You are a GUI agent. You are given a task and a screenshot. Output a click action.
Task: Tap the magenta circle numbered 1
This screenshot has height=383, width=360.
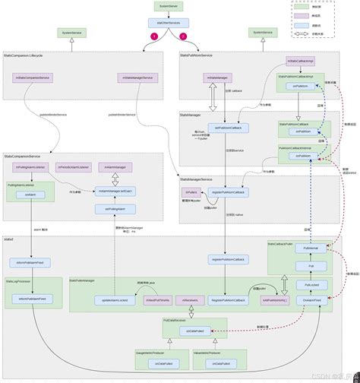[154, 36]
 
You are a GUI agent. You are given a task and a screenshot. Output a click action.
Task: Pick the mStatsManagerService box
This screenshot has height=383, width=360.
[137, 77]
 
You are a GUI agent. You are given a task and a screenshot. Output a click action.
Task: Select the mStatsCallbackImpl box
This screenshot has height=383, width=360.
[299, 60]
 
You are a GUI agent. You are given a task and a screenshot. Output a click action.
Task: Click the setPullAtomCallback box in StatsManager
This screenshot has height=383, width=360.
[228, 127]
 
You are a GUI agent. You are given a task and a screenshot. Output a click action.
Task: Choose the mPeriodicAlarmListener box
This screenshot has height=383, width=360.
[73, 166]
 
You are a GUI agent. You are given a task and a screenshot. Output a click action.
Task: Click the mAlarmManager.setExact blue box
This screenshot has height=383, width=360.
[115, 191]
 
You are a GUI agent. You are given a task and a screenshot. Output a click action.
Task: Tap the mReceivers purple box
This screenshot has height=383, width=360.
[191, 301]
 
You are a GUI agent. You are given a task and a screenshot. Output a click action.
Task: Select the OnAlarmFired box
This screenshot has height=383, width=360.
[312, 301]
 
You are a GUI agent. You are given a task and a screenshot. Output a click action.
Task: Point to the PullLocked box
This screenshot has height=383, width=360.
[312, 283]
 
